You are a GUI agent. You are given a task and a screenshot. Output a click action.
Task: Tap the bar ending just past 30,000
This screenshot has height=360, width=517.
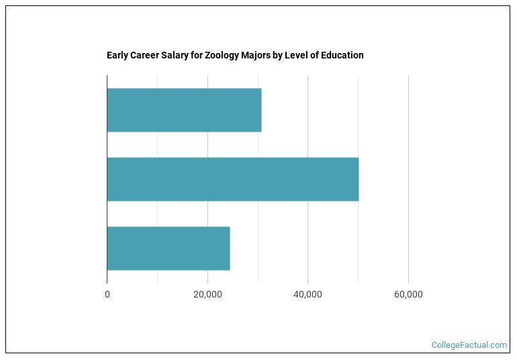[x=184, y=110]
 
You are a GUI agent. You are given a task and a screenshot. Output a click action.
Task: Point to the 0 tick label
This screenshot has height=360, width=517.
[x=107, y=295]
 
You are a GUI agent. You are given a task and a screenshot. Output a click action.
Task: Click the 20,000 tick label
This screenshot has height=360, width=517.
[x=207, y=295]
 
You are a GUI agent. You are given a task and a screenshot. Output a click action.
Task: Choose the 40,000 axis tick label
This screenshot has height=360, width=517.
[x=308, y=295]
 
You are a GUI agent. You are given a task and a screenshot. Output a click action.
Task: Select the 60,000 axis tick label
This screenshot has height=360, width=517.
[x=408, y=295]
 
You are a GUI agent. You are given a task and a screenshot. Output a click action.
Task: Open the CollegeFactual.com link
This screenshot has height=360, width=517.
[x=469, y=345]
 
